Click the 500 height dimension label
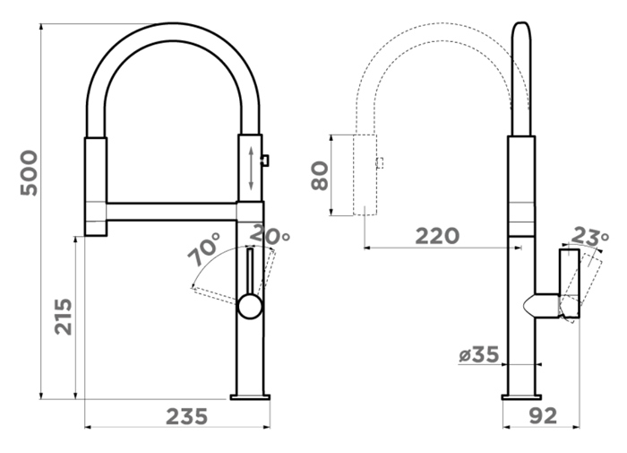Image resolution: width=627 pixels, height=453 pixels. (x=29, y=173)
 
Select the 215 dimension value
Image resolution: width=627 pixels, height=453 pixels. (x=64, y=317)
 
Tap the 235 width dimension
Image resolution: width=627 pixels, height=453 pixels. (x=187, y=416)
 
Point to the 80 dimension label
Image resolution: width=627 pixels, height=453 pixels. (x=320, y=176)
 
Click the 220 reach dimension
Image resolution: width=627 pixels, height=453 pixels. (x=437, y=236)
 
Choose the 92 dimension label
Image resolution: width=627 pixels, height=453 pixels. (x=543, y=416)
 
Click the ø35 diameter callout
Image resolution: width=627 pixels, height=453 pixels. (x=479, y=354)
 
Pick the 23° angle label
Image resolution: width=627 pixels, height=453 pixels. (x=589, y=236)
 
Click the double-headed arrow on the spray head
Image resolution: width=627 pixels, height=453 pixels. (x=251, y=169)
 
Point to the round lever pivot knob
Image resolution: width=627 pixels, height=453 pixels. (x=250, y=307)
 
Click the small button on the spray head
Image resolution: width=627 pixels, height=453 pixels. (x=265, y=161)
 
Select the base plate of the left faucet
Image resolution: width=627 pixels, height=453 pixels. (x=250, y=397)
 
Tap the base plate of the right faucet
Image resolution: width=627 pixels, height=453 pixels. (x=521, y=397)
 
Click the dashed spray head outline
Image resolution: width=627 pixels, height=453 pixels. (x=365, y=175)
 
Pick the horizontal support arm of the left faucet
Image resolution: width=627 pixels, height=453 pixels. (x=172, y=212)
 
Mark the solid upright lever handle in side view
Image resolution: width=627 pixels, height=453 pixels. (x=570, y=283)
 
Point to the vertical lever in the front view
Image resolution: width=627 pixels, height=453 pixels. (x=250, y=273)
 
